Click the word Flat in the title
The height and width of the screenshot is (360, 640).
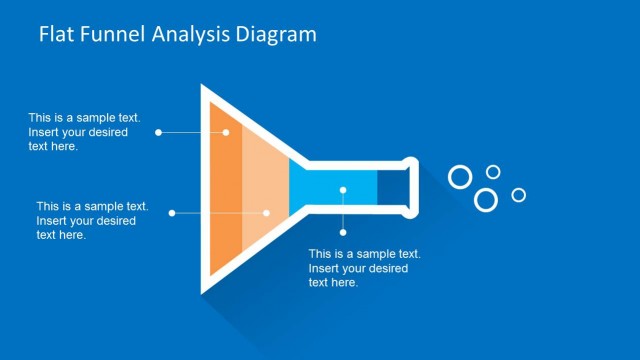[x=56, y=35]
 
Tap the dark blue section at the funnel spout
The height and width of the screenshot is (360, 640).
[x=392, y=188]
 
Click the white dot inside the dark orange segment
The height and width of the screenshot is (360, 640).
[x=226, y=132]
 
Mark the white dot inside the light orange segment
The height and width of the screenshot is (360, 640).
[x=266, y=212]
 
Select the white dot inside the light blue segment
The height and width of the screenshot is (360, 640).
[x=343, y=188]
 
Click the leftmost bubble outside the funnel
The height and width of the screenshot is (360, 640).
[x=460, y=177]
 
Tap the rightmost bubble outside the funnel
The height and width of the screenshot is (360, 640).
[x=518, y=195]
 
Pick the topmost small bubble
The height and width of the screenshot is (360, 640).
[x=493, y=172]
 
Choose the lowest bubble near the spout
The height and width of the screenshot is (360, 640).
[x=486, y=200]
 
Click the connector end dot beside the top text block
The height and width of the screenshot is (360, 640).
[x=158, y=132]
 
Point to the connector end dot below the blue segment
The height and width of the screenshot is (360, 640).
[x=343, y=232]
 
